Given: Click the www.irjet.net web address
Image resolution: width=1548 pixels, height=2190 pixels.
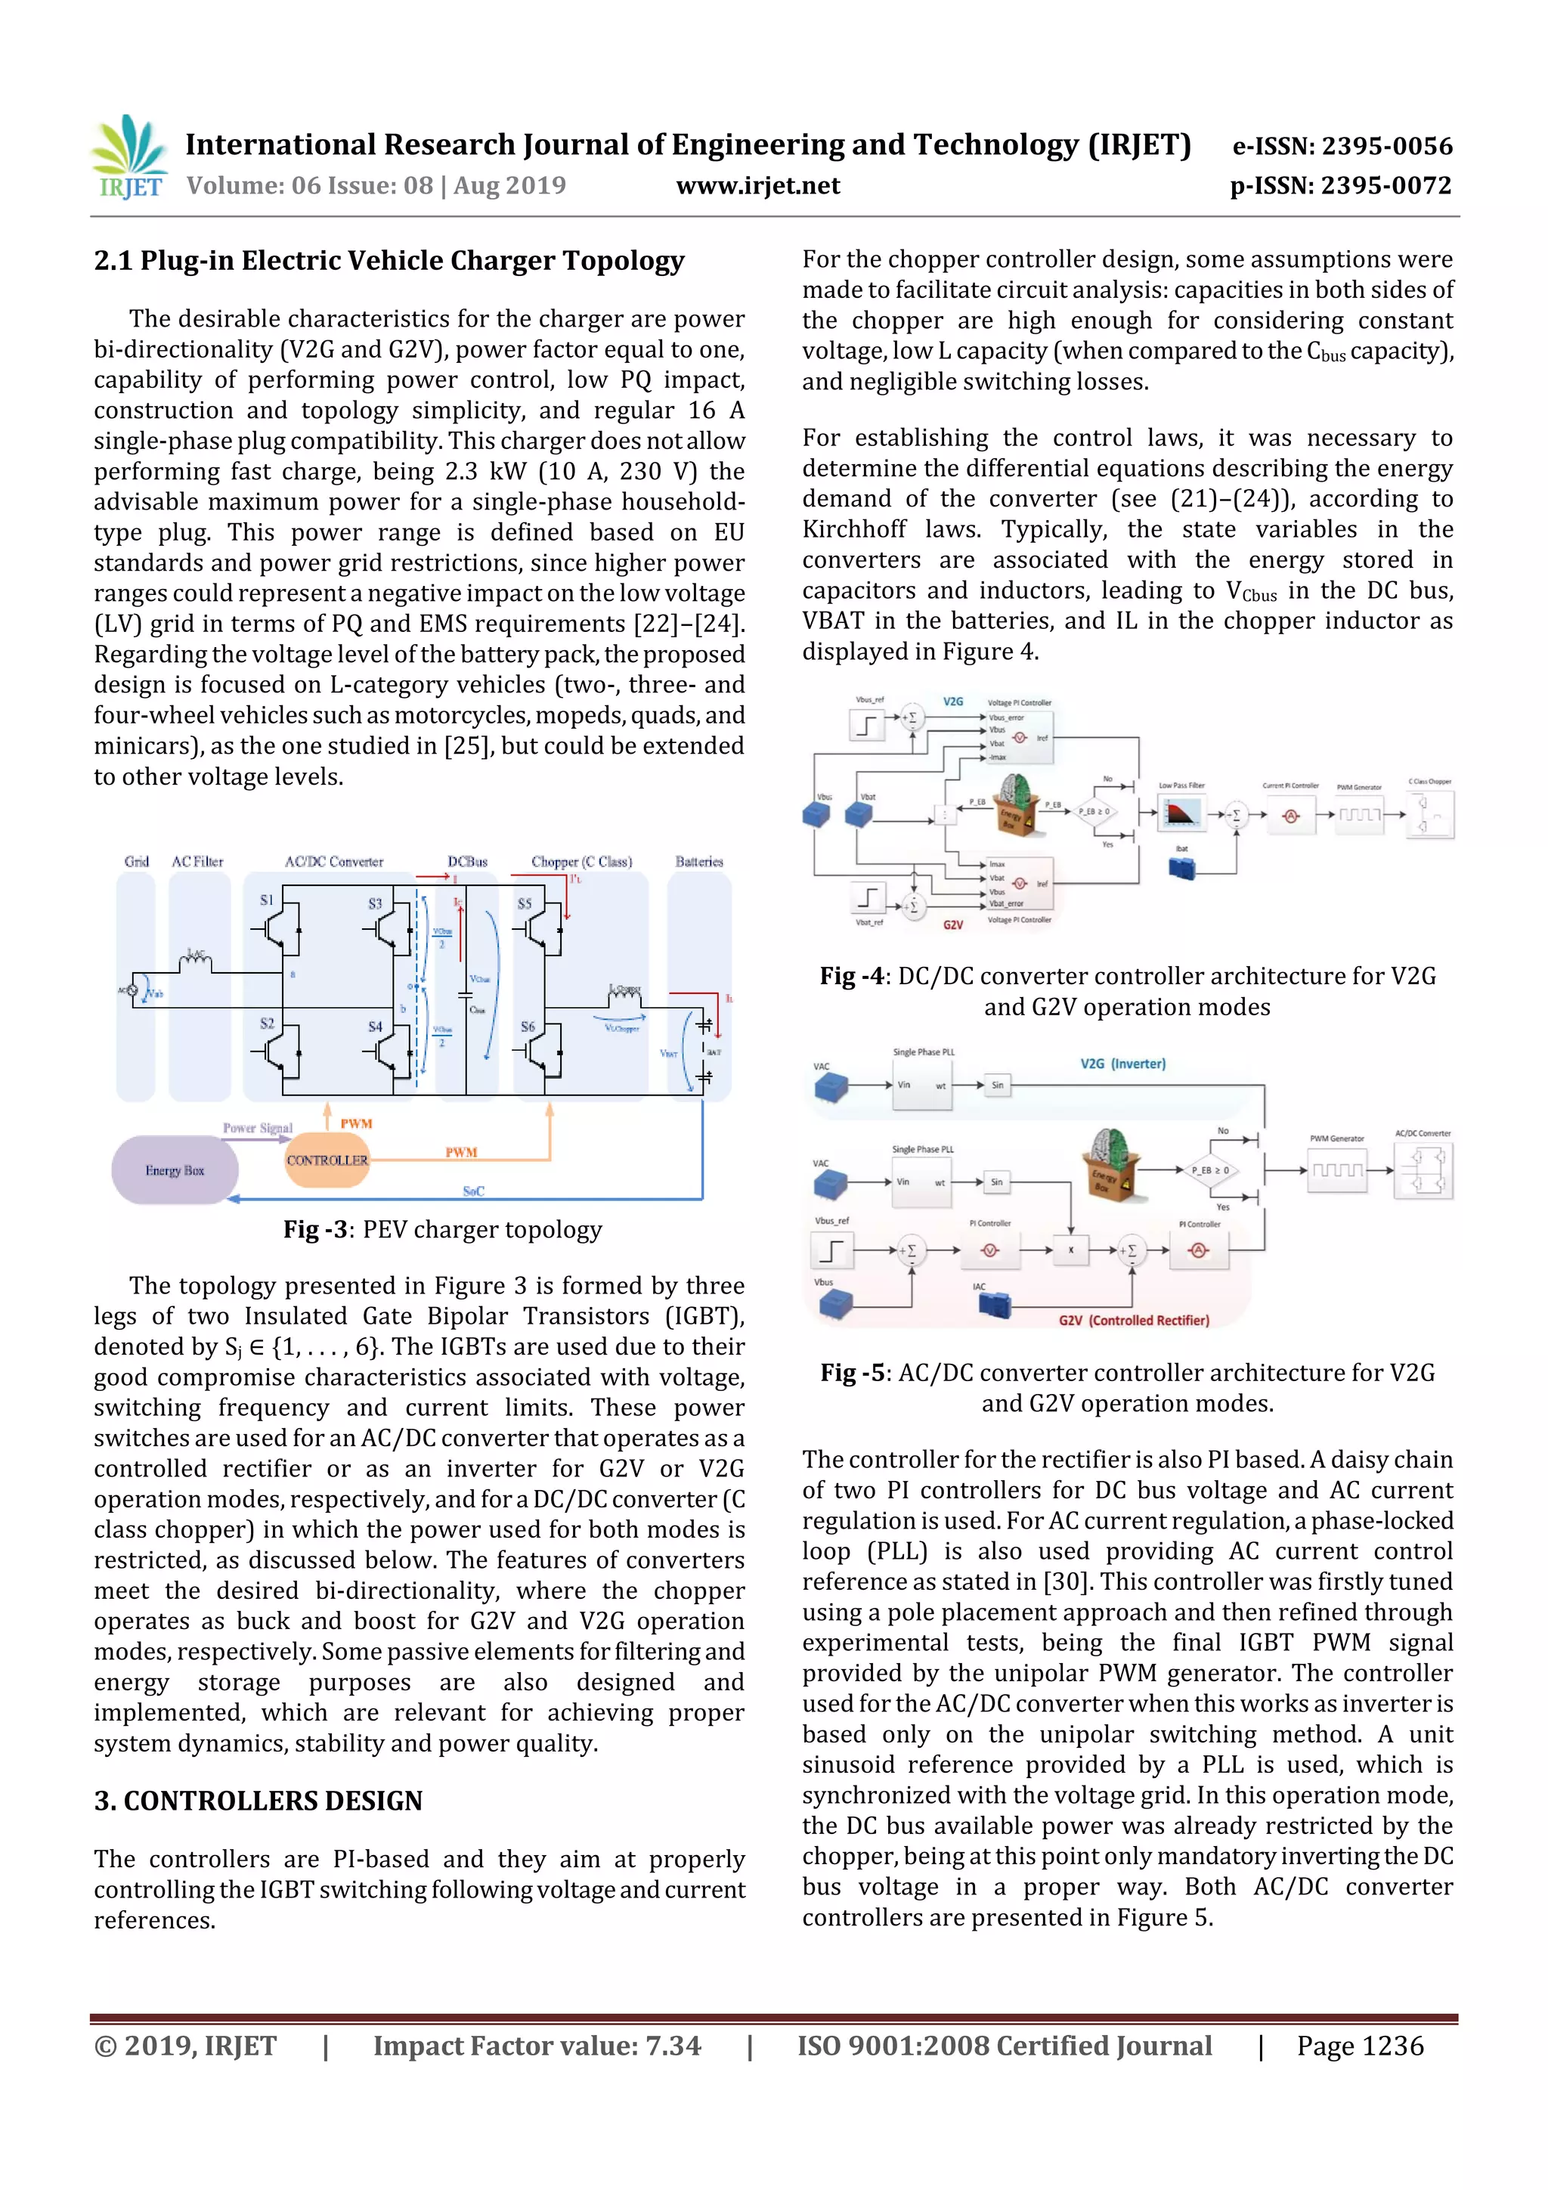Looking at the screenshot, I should coord(757,185).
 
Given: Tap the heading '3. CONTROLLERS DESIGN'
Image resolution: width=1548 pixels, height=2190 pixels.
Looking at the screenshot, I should coord(258,1800).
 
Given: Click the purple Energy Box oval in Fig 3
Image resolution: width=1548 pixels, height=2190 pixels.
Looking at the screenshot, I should coord(175,1169).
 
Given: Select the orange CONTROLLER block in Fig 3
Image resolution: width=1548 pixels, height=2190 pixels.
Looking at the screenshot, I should coord(327,1160).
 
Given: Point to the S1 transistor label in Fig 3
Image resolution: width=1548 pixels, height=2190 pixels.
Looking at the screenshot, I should coord(267,900).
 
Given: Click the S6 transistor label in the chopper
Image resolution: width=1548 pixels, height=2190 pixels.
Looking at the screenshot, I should coord(528,1027).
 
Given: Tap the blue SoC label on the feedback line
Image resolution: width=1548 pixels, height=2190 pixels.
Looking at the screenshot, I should coord(473,1191).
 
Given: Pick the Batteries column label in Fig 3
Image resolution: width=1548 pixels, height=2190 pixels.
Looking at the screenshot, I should coord(699,861).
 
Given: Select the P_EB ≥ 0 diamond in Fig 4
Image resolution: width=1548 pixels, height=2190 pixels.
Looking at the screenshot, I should coord(1093,812).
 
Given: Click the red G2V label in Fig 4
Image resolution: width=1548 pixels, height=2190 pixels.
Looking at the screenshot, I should coord(953,925).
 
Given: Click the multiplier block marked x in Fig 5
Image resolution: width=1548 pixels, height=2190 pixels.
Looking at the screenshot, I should coord(1070,1250).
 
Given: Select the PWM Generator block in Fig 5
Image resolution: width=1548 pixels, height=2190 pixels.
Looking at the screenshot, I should coord(1336,1169).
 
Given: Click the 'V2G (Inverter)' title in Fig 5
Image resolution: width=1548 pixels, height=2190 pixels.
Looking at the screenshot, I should coord(1122,1064).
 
